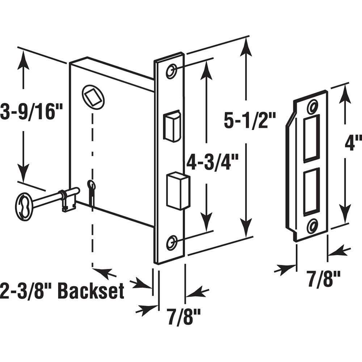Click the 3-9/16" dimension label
point(32,113)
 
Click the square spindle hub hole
point(93,96)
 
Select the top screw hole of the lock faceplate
point(171,71)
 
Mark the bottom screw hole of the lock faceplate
point(172,242)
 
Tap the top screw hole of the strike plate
point(312,107)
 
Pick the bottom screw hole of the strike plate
point(311,227)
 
